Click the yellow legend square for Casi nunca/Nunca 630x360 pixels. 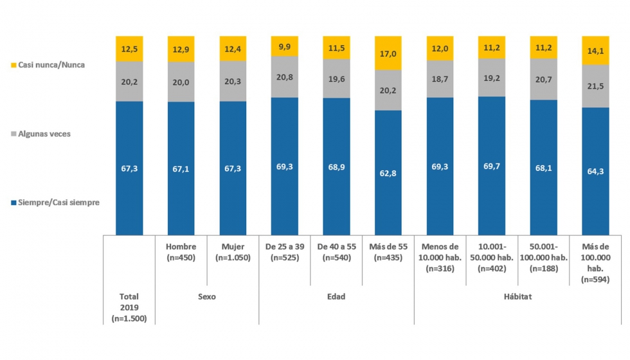14,65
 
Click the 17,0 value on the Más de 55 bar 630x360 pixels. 388,55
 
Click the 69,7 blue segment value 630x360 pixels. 492,167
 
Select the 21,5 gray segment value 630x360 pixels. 595,86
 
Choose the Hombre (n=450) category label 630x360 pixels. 181,253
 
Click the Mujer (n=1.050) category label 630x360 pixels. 233,253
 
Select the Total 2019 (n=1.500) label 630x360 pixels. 129,307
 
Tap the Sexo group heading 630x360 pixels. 207,297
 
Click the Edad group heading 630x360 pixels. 336,297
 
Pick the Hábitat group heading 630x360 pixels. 517,297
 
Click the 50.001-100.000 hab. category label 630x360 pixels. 543,258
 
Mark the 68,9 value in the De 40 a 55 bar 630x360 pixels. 336,166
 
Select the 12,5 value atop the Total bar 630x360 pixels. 129,50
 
